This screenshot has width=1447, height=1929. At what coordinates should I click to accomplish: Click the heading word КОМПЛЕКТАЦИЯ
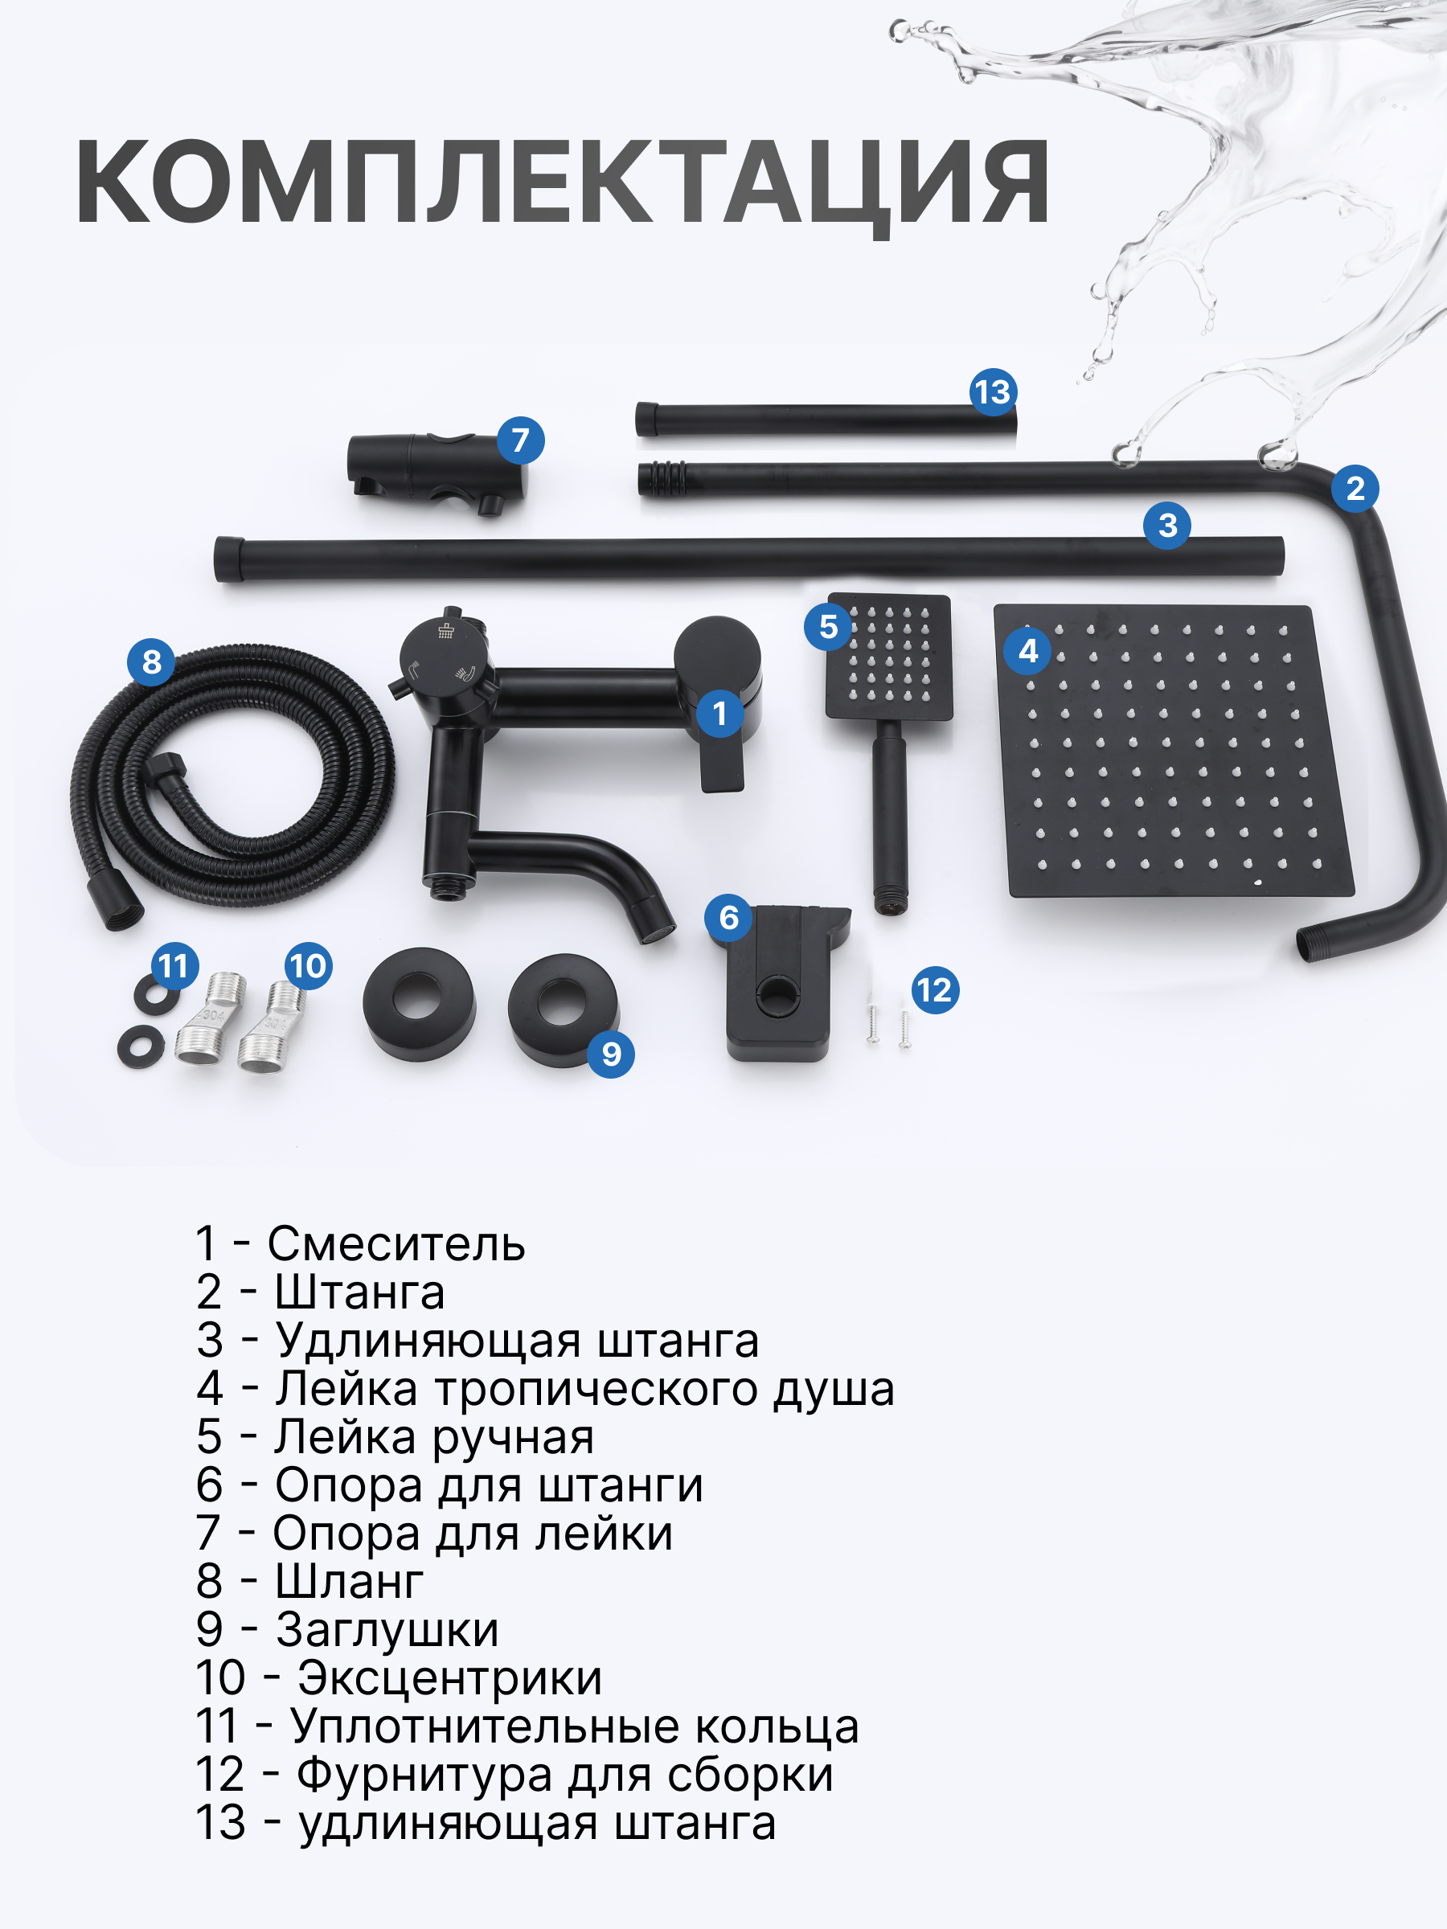(563, 183)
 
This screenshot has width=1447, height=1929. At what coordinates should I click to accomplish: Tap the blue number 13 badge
(993, 392)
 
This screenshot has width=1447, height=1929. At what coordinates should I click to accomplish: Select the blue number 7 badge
(521, 440)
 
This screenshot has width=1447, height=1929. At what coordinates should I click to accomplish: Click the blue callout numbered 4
(1028, 650)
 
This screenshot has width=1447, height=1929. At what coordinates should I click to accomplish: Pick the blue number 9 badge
(612, 1054)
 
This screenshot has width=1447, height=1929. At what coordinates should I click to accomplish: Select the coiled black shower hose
(232, 780)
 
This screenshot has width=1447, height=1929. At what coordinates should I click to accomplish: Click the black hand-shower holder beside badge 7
(432, 471)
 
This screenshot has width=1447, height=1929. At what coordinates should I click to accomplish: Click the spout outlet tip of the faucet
(658, 929)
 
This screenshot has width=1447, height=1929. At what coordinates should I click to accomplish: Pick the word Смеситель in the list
(396, 1243)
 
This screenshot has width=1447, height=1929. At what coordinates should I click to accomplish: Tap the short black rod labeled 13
(824, 420)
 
